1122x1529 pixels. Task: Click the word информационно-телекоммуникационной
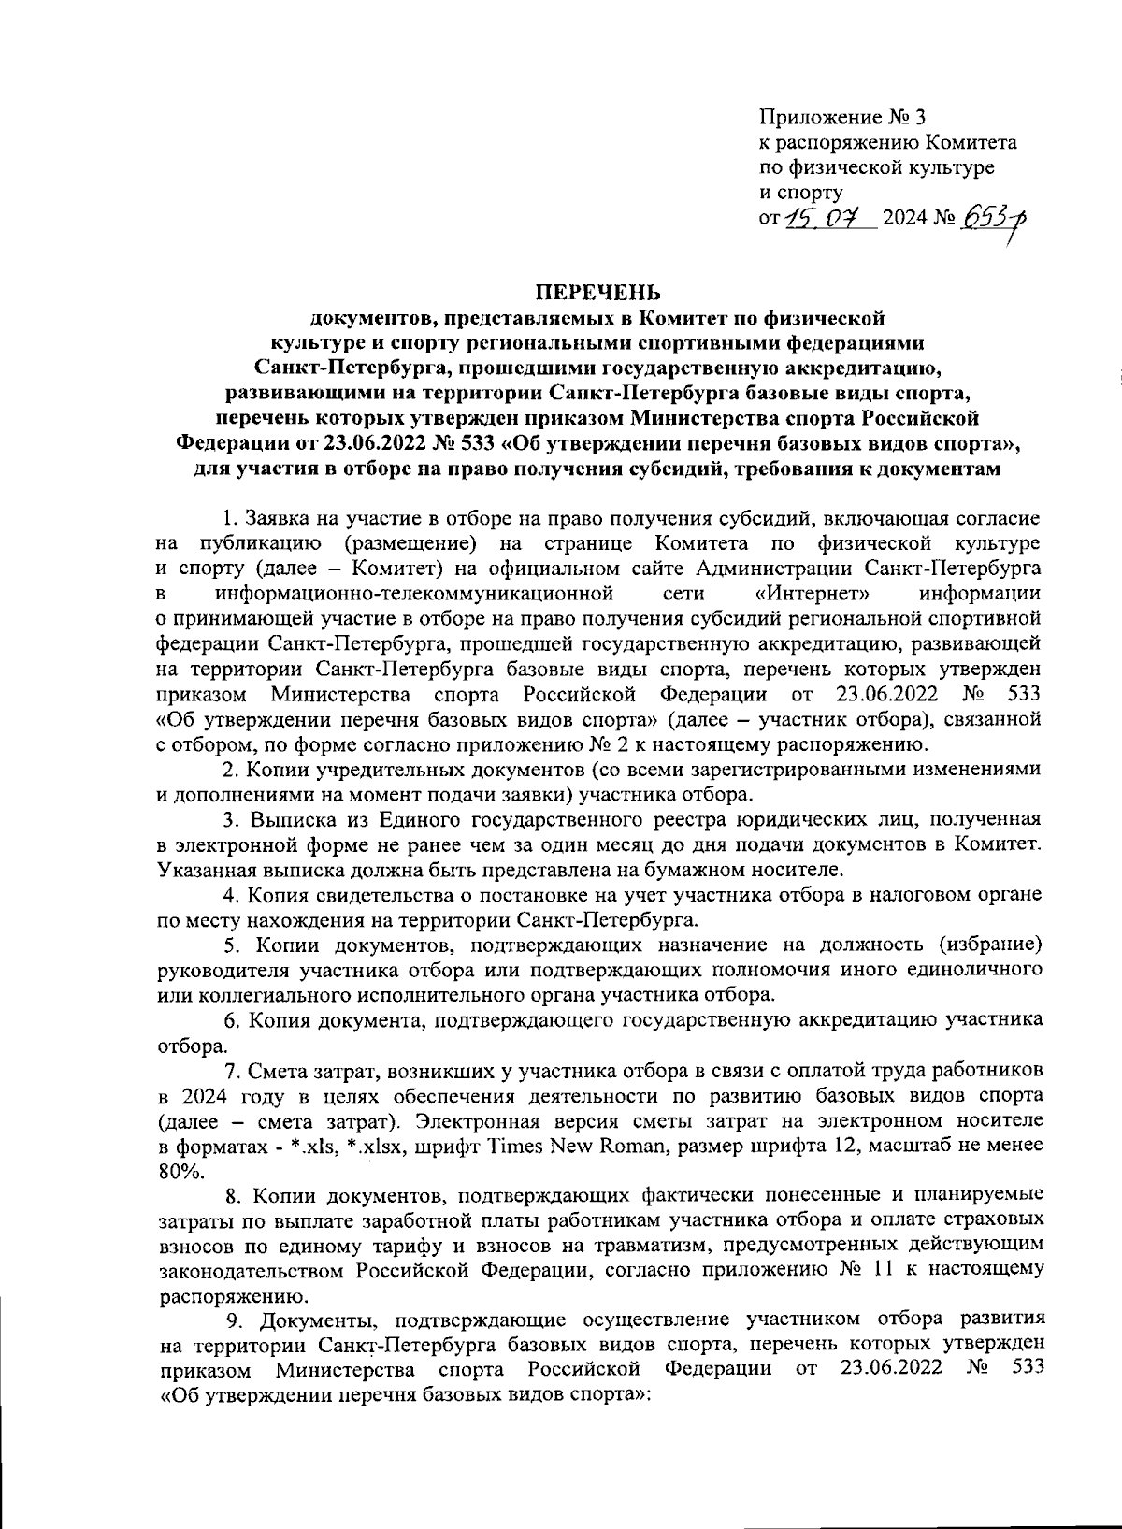pos(414,593)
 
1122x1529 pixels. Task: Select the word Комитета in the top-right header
pos(971,142)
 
